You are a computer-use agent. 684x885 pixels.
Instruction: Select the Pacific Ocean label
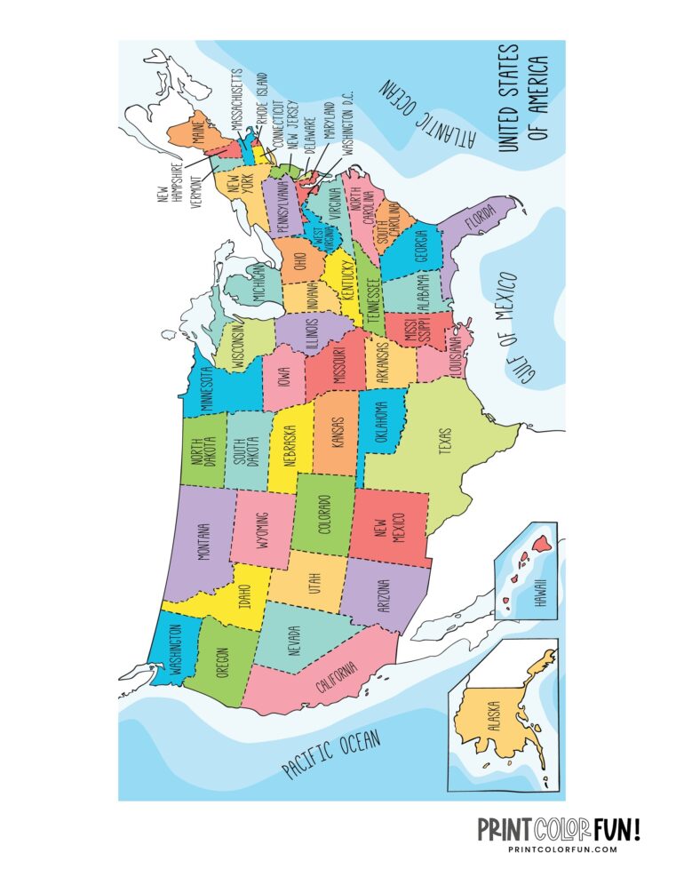pos(332,754)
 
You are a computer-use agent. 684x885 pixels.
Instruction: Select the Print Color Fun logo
pos(559,829)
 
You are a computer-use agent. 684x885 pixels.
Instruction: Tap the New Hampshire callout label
pos(170,181)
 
